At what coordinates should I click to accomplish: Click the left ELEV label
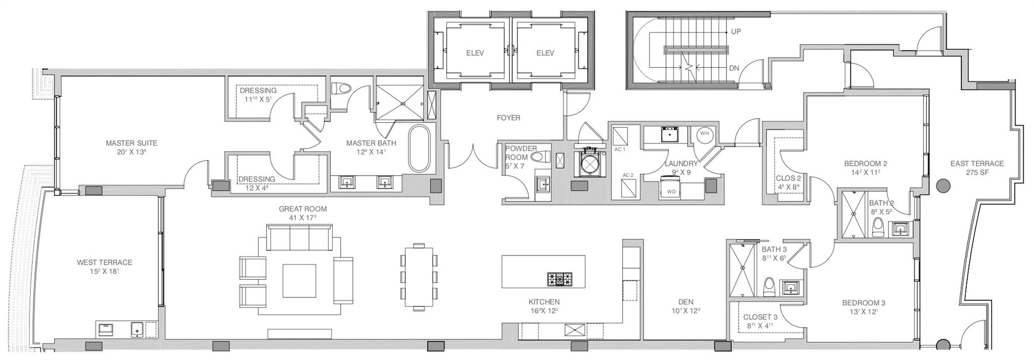[x=475, y=53]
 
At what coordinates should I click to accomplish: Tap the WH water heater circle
[x=704, y=134]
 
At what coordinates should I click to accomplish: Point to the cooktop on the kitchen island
[x=560, y=278]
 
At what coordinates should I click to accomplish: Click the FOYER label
[x=508, y=118]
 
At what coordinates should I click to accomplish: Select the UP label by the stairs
[x=736, y=31]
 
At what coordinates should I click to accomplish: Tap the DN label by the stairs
[x=735, y=68]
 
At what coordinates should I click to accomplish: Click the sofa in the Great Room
[x=299, y=237]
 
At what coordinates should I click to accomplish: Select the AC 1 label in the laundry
[x=619, y=149]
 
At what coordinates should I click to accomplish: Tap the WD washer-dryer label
[x=671, y=192]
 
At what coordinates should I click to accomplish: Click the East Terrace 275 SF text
[x=976, y=168]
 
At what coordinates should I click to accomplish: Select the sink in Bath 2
[x=900, y=229]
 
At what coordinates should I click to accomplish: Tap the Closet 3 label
[x=760, y=317]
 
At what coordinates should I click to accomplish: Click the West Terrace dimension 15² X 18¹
[x=105, y=272]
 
